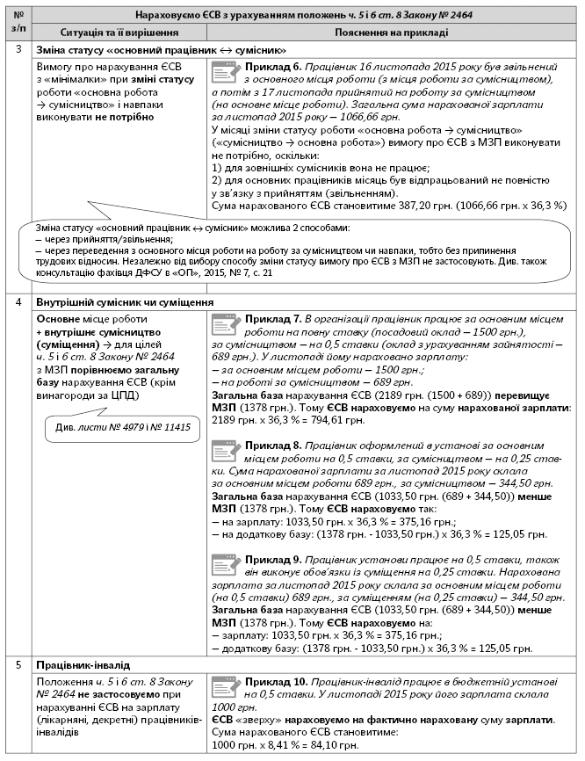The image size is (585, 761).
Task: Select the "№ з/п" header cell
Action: coord(18,23)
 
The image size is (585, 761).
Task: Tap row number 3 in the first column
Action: coord(18,49)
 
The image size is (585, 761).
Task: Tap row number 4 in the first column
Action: coord(18,302)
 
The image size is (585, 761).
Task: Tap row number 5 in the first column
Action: coord(18,665)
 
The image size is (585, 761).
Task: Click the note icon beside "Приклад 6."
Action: coord(227,69)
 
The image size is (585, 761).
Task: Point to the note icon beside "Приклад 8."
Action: coord(227,452)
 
